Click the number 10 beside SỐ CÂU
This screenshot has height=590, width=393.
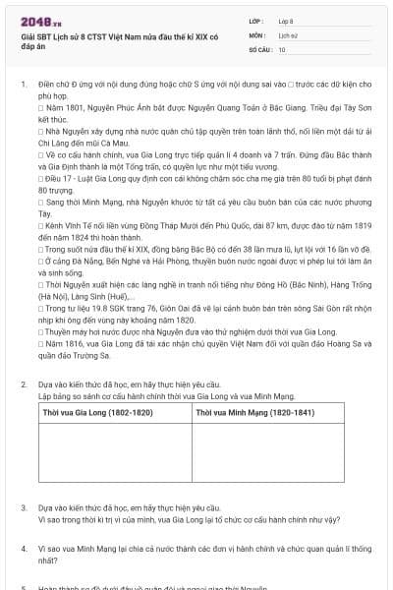pos(282,48)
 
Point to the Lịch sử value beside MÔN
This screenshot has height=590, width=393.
pos(288,33)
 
